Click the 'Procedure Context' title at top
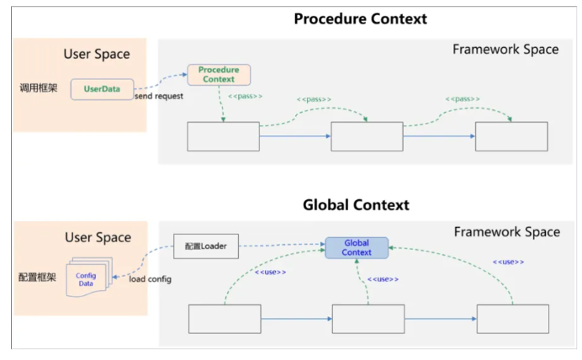click(x=360, y=19)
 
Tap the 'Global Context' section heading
click(x=356, y=204)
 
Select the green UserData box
click(x=101, y=88)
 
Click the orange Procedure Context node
click(x=219, y=74)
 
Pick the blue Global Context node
click(x=357, y=247)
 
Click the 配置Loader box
click(x=205, y=247)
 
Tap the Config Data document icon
click(x=86, y=278)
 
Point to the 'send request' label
click(x=159, y=97)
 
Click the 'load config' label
click(x=150, y=278)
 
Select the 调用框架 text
click(x=40, y=87)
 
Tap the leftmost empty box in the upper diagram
click(x=223, y=136)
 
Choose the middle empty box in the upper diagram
click(x=367, y=136)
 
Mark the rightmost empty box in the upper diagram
click(x=511, y=136)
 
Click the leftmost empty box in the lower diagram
click(x=225, y=319)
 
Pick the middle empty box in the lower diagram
click(x=368, y=319)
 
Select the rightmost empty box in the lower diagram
click(x=512, y=319)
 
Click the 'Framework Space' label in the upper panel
click(x=505, y=49)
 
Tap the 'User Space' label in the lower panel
click(x=97, y=237)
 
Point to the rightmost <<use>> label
click(x=508, y=262)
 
